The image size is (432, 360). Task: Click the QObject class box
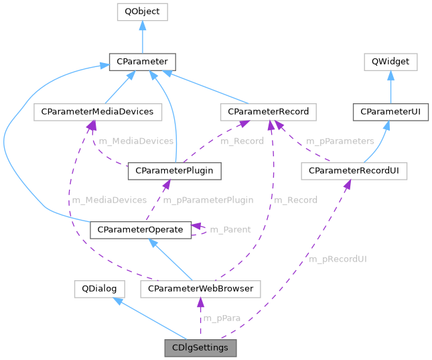[142, 12]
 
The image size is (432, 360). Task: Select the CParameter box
[142, 62]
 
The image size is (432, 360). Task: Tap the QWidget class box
[390, 62]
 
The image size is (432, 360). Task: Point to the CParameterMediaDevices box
[98, 112]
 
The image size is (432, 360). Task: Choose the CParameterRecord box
[268, 112]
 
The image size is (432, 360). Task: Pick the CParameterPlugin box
[174, 171]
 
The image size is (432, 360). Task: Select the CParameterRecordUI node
[354, 171]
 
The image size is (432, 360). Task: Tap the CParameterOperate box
[140, 230]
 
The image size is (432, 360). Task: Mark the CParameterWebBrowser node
[200, 288]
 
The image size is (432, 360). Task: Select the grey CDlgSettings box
[200, 348]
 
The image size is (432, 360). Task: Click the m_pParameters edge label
[340, 141]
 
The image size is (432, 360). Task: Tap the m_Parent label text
[230, 230]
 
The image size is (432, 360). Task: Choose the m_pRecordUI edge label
[338, 259]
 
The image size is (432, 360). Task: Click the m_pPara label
[218, 318]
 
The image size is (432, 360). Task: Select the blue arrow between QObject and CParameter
[142, 37]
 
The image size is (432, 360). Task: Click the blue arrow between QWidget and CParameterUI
[390, 87]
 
